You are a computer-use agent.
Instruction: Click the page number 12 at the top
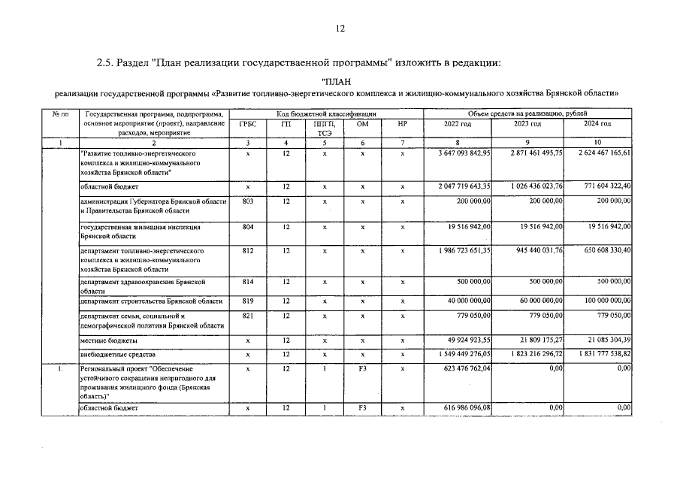pos(340,29)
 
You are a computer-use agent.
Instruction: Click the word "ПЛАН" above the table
pos(336,81)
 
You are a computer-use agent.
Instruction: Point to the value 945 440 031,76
pos(535,249)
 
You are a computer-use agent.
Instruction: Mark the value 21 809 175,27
pos(535,341)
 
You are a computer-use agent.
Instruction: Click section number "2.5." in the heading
pos(105,62)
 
